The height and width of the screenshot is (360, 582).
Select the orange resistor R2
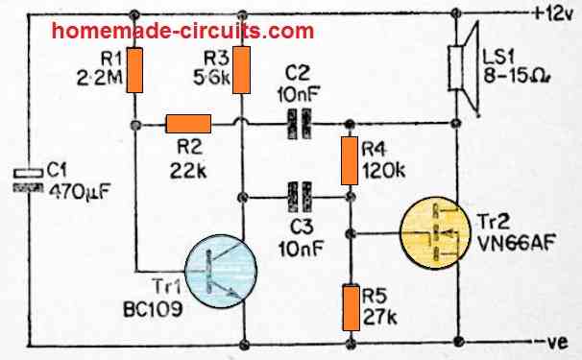point(188,123)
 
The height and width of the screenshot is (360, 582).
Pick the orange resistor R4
point(350,161)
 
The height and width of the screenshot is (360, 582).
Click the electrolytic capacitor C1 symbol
point(30,177)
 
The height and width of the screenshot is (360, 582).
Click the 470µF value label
point(75,190)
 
